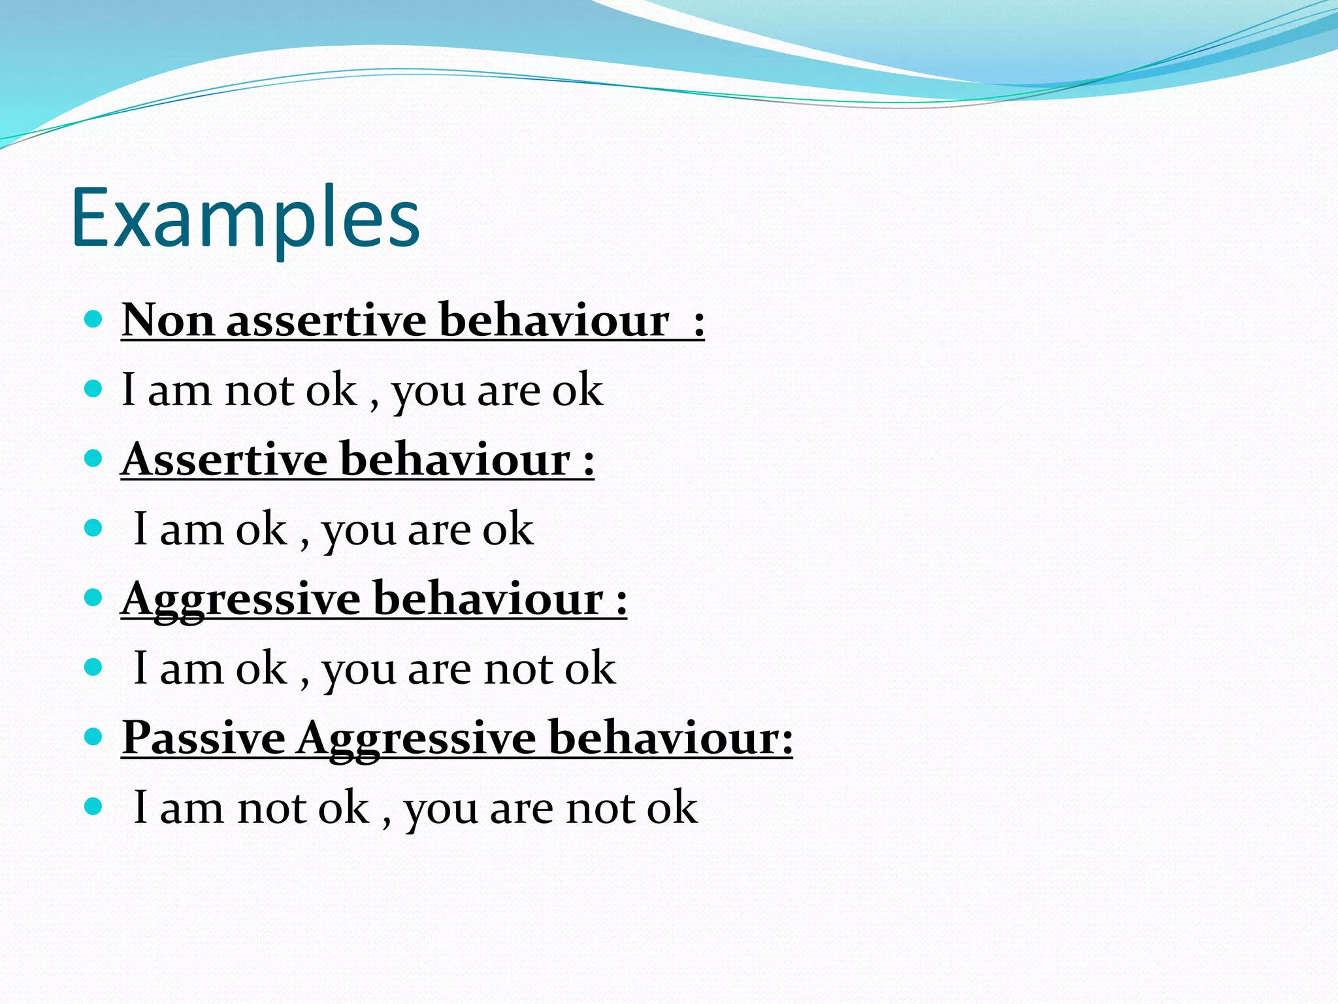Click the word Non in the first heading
click(x=168, y=321)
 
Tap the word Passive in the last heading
click(x=204, y=738)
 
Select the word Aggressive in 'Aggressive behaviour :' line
click(x=240, y=599)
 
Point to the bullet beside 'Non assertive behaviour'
click(x=94, y=320)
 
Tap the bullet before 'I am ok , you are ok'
click(x=94, y=528)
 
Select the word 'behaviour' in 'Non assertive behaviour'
click(x=554, y=321)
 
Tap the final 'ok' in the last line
click(x=672, y=808)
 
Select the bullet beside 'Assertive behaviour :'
click(x=94, y=458)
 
